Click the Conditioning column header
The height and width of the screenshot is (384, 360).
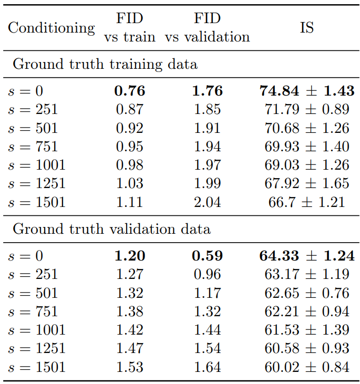click(x=52, y=28)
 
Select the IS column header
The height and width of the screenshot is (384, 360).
click(x=307, y=27)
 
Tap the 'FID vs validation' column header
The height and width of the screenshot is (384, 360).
click(x=207, y=27)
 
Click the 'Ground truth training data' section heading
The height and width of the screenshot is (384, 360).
click(x=105, y=64)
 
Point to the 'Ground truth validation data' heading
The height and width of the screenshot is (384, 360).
click(x=112, y=229)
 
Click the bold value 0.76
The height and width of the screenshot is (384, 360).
click(x=130, y=91)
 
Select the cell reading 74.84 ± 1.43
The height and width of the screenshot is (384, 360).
click(x=307, y=91)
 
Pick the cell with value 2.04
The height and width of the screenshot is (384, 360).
click(x=207, y=202)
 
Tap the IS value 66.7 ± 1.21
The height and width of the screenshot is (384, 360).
click(x=307, y=202)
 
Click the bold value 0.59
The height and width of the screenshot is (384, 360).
click(x=207, y=256)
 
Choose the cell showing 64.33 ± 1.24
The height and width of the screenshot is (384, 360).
click(x=307, y=256)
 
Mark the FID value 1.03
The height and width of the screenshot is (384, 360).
click(x=130, y=183)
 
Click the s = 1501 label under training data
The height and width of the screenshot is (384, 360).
click(x=37, y=202)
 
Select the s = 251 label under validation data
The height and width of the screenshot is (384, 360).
click(x=33, y=274)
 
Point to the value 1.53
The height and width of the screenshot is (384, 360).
click(x=130, y=367)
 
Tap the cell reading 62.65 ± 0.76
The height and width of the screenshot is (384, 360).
click(x=307, y=293)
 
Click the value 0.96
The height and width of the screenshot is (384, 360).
click(x=207, y=274)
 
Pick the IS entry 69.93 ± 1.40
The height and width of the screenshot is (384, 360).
click(x=307, y=147)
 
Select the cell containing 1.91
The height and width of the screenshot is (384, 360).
click(x=207, y=128)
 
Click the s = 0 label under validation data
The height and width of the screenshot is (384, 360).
click(x=25, y=256)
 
